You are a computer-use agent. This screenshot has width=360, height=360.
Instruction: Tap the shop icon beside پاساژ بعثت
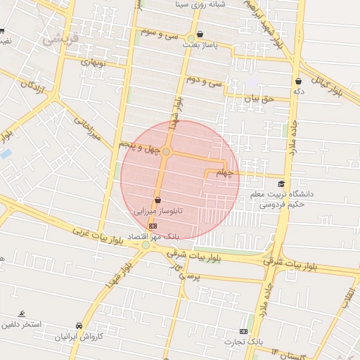[x=201, y=34]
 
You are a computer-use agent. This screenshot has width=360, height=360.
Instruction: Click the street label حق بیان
[x=258, y=100]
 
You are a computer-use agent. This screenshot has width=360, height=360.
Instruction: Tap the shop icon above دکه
[x=299, y=81]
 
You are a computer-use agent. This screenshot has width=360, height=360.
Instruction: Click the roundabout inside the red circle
[x=167, y=152]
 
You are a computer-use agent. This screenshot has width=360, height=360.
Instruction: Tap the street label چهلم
[x=224, y=172]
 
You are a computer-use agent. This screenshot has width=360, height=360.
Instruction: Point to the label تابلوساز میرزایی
[x=160, y=210]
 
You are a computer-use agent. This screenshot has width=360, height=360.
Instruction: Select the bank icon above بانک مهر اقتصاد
[x=154, y=225]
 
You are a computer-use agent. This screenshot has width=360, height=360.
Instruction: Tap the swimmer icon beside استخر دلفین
[x=23, y=313]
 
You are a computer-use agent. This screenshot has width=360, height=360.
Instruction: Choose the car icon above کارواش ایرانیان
[x=79, y=326]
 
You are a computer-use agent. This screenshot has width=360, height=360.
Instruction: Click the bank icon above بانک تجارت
[x=244, y=331]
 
